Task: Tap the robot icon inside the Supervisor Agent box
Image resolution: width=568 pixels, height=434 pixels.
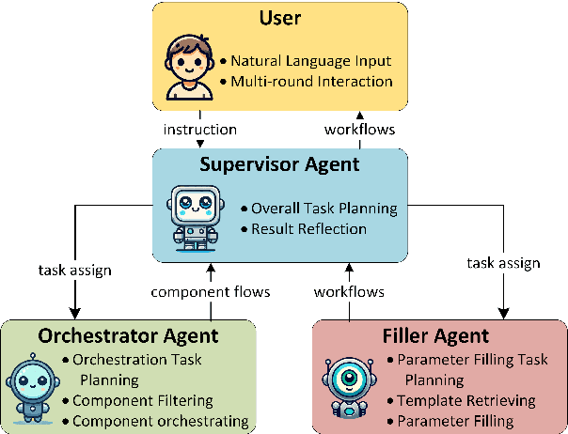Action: (x=194, y=217)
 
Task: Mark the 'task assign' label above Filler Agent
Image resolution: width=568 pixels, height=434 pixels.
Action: (x=503, y=263)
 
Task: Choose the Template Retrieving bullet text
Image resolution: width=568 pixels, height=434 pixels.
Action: (x=466, y=401)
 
